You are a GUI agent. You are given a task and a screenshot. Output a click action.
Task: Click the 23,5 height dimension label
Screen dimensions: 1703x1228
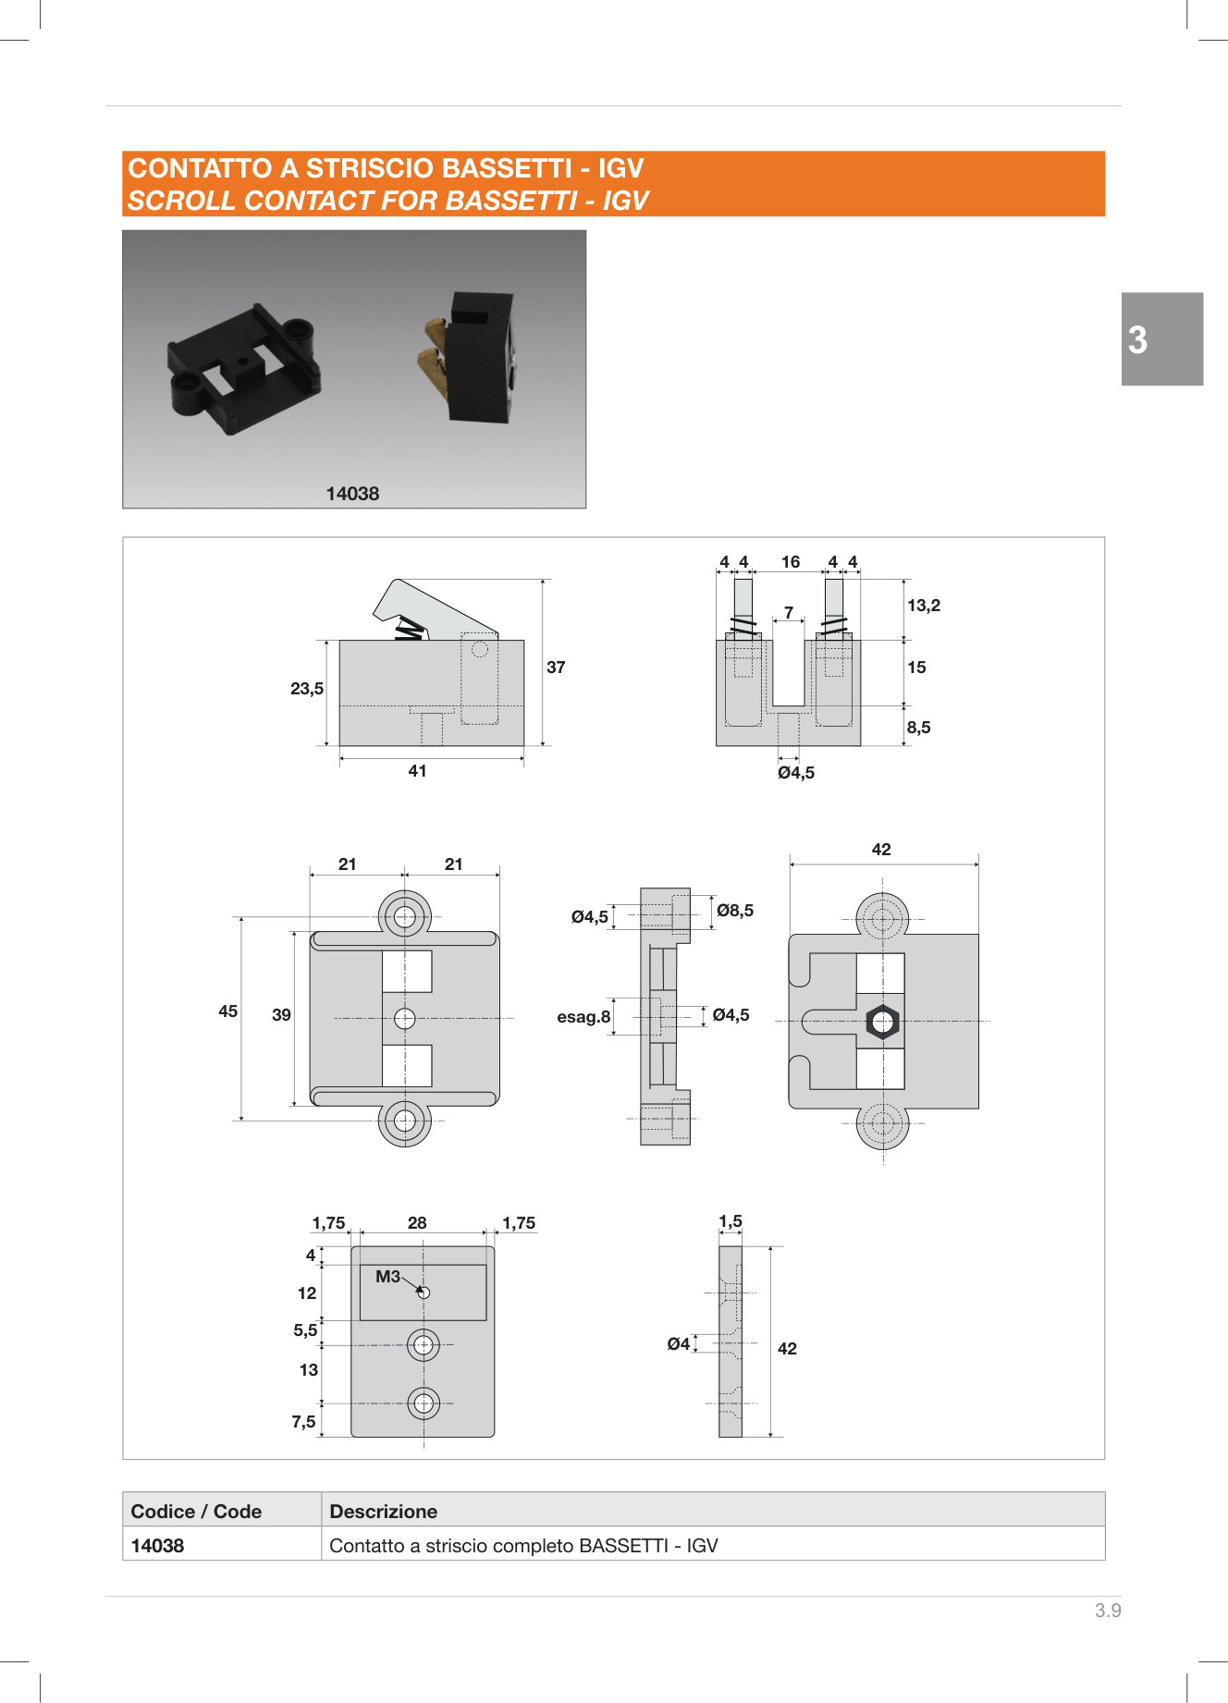307,689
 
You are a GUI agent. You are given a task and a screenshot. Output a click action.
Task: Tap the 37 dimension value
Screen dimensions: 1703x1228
556,668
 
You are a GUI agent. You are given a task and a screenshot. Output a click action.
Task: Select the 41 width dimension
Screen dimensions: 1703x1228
417,771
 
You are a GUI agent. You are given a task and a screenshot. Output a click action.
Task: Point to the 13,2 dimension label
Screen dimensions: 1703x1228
923,606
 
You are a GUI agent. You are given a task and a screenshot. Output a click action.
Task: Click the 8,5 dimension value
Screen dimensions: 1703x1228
918,728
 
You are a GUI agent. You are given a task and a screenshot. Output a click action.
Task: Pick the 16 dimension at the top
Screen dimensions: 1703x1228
791,562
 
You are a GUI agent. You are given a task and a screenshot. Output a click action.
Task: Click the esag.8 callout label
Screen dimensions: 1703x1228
583,1017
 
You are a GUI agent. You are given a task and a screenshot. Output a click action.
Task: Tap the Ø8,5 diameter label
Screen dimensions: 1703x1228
735,911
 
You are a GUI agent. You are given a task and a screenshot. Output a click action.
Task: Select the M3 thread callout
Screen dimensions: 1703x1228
387,1277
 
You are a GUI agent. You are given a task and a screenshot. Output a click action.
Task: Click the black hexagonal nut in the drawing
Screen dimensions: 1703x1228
882,1022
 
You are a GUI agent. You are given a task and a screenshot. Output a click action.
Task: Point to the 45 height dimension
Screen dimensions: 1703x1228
228,1011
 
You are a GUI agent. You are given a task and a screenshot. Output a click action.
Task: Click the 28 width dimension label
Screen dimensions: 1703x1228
417,1223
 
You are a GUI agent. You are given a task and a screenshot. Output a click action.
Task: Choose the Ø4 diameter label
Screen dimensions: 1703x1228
679,1344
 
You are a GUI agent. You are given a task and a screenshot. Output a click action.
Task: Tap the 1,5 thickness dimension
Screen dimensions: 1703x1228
731,1221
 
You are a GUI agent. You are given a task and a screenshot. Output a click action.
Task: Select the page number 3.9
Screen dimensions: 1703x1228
1108,1611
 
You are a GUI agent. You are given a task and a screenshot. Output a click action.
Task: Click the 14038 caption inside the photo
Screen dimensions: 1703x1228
352,494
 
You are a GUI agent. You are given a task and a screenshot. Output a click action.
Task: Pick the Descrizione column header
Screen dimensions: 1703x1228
383,1512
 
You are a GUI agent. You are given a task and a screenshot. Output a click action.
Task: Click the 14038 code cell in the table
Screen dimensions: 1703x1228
158,1546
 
